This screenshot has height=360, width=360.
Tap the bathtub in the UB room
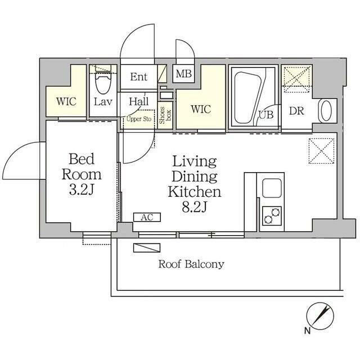pyautogui.click(x=249, y=98)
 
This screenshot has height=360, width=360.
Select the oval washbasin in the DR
pyautogui.click(x=326, y=111)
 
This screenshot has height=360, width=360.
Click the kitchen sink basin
pyautogui.click(x=272, y=188)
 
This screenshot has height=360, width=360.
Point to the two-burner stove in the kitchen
pyautogui.click(x=272, y=216)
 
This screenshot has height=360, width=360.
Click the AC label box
pyautogui.click(x=147, y=217)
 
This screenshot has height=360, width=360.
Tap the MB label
pyautogui.click(x=184, y=74)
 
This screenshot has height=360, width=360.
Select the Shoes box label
pyautogui.click(x=165, y=115)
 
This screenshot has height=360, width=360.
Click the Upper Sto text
pyautogui.click(x=139, y=119)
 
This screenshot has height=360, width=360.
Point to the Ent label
pyautogui.click(x=139, y=76)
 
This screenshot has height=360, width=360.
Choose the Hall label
pyautogui.click(x=139, y=101)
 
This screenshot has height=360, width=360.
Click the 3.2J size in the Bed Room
pyautogui.click(x=82, y=190)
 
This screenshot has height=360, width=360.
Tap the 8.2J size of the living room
pyautogui.click(x=195, y=206)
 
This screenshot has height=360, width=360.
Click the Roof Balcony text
pyautogui.click(x=191, y=264)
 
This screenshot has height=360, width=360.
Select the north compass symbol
pyautogui.click(x=320, y=316)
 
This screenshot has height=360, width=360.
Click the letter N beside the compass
pyautogui.click(x=308, y=331)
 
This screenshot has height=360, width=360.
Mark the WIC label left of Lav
pyautogui.click(x=66, y=101)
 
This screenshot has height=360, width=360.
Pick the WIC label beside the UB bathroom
pyautogui.click(x=201, y=109)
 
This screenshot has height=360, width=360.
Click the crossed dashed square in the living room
pyautogui.click(x=321, y=151)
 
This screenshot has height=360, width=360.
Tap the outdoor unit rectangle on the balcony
pyautogui.click(x=147, y=248)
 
